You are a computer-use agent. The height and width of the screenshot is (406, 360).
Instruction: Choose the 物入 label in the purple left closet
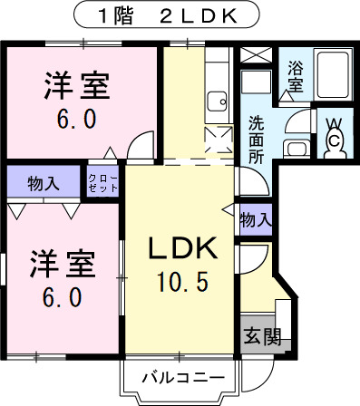coord(43,181)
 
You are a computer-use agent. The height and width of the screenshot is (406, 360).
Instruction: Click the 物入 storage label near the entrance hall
coord(256,218)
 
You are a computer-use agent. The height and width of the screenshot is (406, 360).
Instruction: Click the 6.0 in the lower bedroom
coord(61,296)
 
